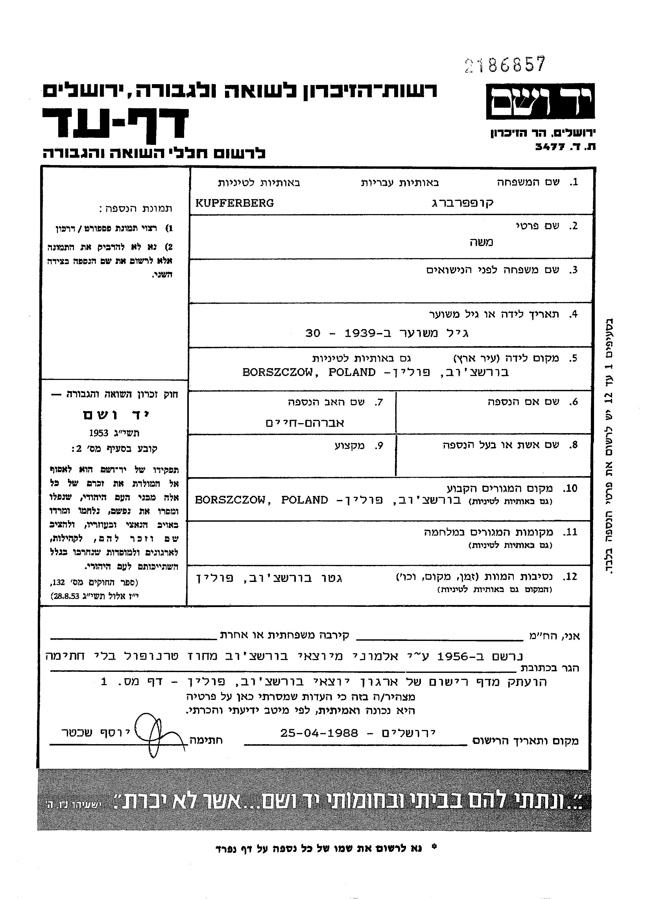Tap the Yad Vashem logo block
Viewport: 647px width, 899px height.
(x=540, y=101)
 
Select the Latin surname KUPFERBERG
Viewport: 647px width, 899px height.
(x=234, y=203)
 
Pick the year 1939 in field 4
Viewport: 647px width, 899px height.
(x=360, y=333)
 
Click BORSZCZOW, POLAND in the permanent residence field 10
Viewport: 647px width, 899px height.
(x=262, y=500)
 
